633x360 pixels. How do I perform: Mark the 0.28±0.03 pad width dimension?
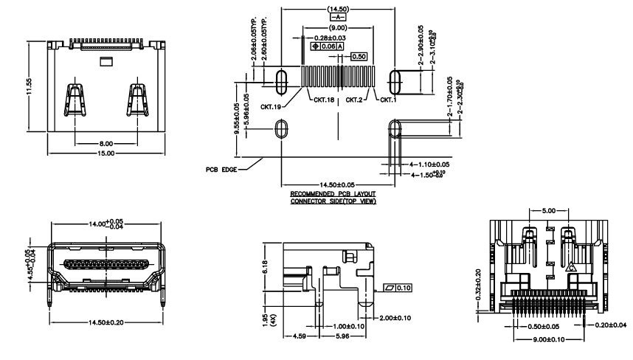point(328,37)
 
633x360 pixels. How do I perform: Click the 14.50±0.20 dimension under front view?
point(106,322)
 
